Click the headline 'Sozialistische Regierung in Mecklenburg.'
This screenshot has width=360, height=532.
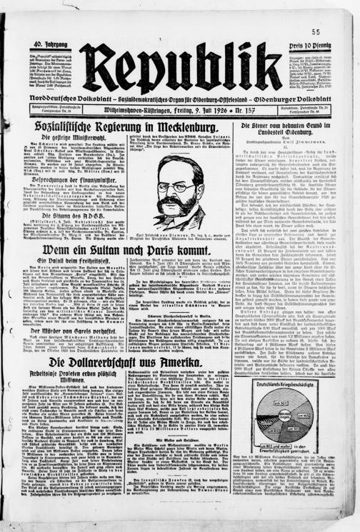tap(134, 127)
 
